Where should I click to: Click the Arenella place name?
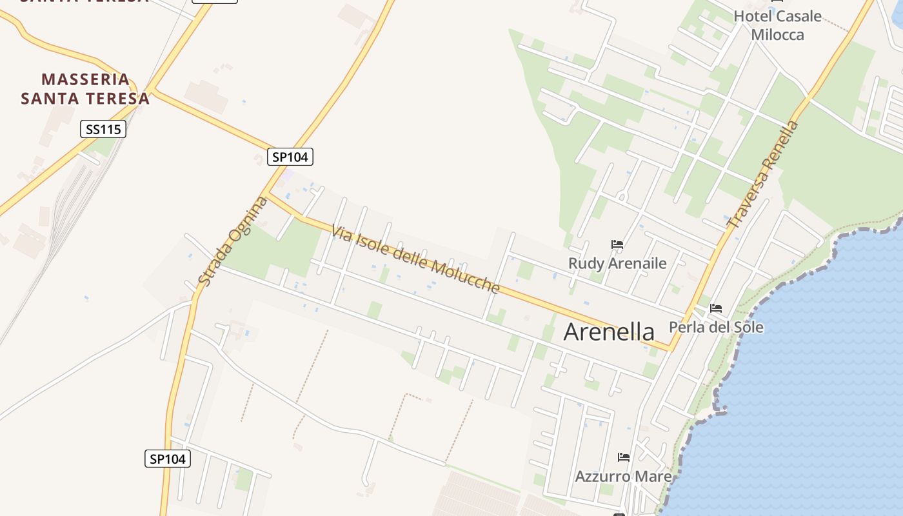coord(609,332)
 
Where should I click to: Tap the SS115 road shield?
coord(103,129)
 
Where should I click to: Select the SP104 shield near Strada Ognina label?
coord(290,156)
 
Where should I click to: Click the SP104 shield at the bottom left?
coord(168,459)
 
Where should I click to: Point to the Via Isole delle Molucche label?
coord(415,259)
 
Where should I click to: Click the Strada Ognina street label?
coord(233,241)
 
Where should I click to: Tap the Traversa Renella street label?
coord(763,175)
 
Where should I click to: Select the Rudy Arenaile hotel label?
coord(617,263)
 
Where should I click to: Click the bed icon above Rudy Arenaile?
coord(617,244)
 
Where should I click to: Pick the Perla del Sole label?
coord(716,327)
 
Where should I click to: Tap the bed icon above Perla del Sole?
coord(716,308)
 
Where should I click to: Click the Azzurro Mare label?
coord(623,477)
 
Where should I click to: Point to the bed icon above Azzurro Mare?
coord(623,457)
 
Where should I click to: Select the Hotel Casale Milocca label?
coord(778,25)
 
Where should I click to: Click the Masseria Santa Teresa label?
coord(85,89)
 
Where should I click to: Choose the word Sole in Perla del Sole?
coord(747,327)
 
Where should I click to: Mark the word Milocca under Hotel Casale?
coord(778,34)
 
